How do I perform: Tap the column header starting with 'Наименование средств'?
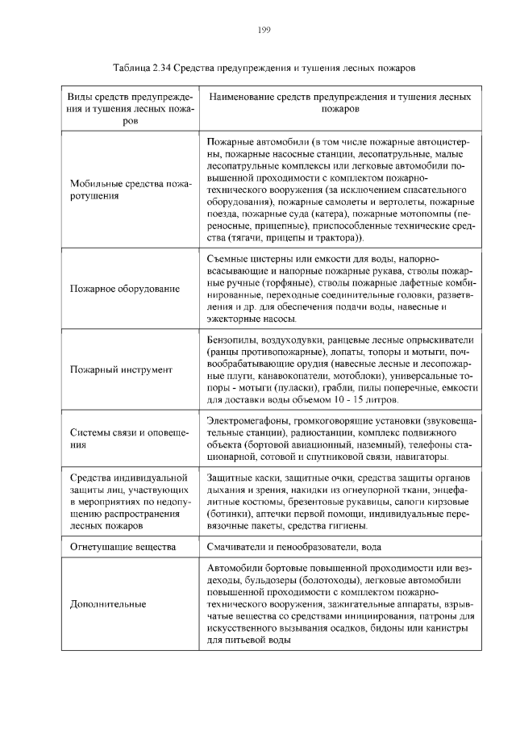[339, 102]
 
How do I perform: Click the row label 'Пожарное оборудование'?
[124, 288]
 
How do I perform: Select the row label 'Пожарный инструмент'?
[121, 369]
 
